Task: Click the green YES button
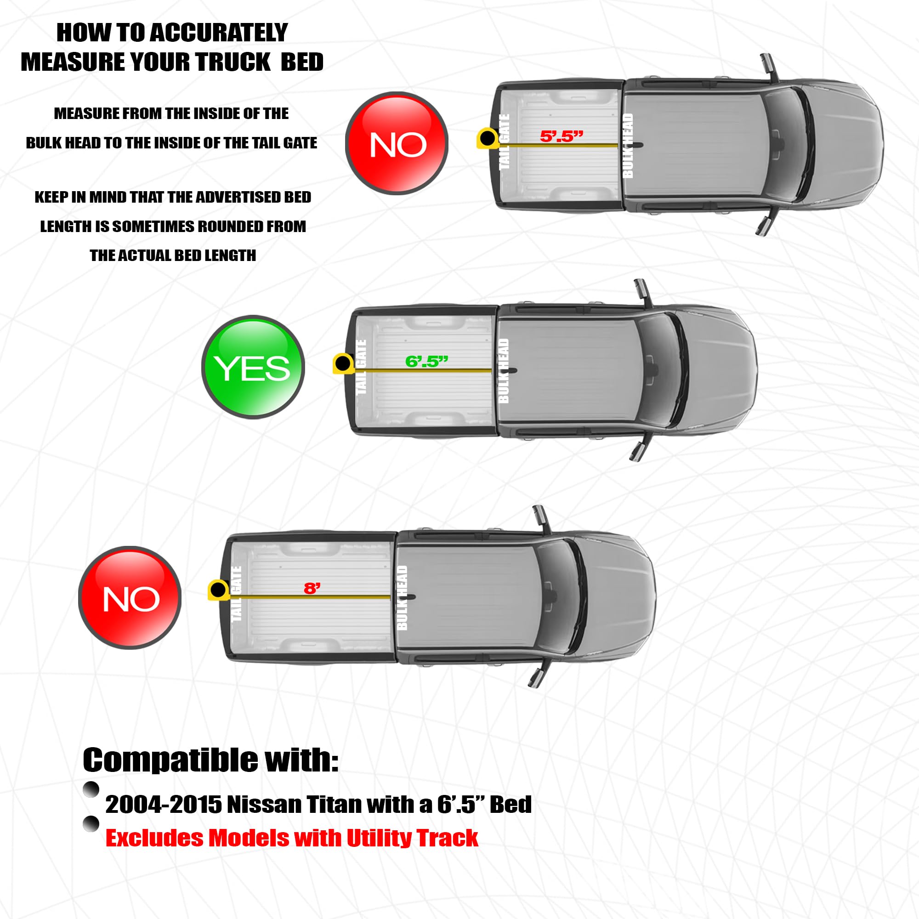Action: click(253, 367)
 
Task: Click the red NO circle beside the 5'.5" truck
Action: click(397, 143)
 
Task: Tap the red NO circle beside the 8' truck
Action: click(130, 597)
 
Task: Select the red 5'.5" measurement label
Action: click(562, 136)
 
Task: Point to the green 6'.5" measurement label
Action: click(427, 362)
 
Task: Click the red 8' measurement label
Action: click(312, 589)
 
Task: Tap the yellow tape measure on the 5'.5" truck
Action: click(488, 138)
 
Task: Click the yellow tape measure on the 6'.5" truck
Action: click(343, 364)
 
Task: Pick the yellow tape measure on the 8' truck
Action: click(218, 590)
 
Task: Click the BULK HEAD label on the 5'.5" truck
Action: click(628, 145)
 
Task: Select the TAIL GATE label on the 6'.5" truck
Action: click(361, 367)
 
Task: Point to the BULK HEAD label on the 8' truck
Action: click(403, 597)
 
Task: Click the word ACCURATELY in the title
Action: click(219, 33)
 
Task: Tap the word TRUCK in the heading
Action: click(233, 62)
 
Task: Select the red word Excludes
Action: click(154, 838)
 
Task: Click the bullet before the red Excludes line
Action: click(91, 824)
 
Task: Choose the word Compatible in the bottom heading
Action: click(171, 760)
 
